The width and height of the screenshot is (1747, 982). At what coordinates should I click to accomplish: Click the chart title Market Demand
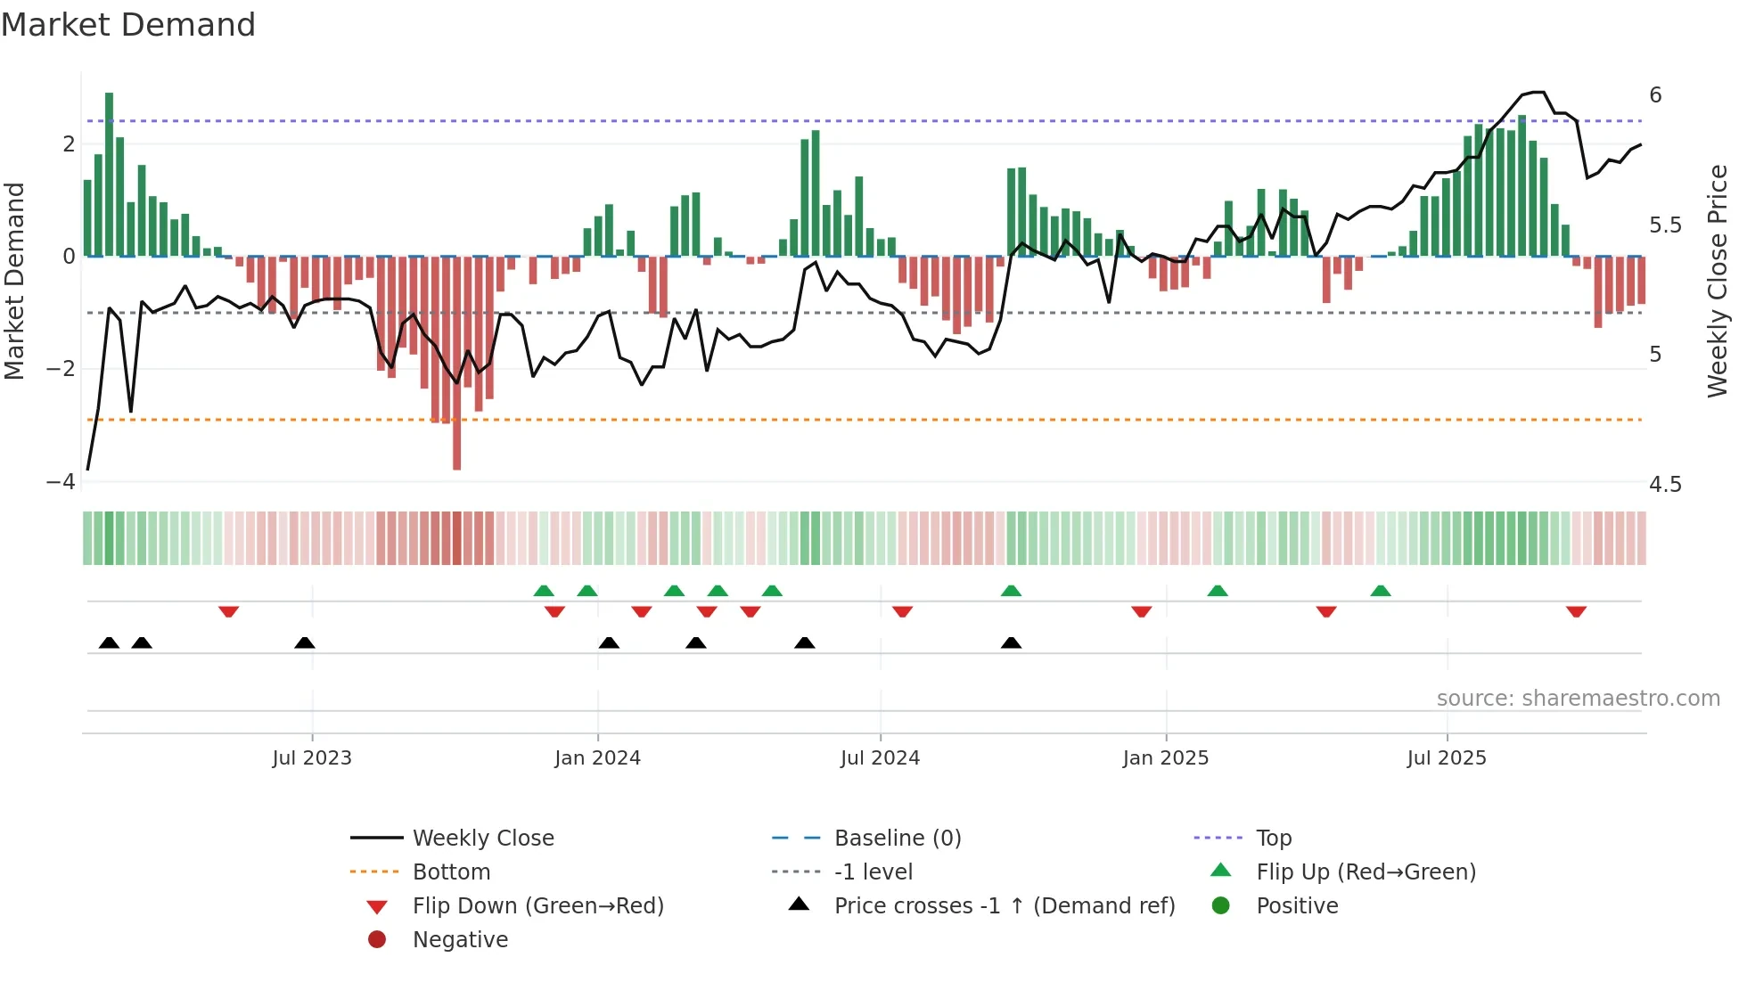128,25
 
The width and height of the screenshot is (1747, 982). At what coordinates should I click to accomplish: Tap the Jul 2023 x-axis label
312,758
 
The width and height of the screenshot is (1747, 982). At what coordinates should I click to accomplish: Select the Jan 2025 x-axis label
1165,758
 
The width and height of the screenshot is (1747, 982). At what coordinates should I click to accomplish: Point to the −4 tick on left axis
61,482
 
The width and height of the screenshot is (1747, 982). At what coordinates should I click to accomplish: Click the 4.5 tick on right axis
1665,485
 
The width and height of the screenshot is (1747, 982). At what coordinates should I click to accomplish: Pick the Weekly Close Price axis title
1717,281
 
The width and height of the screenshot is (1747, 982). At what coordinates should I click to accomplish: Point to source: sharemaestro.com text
1578,699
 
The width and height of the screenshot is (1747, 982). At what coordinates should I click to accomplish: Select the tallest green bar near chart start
109,174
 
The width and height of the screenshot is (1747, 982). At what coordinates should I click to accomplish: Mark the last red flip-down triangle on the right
1576,612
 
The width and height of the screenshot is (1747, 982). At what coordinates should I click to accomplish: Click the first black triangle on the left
109,642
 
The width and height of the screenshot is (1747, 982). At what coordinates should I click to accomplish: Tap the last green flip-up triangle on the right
1380,591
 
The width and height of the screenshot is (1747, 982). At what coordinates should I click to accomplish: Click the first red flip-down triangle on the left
228,612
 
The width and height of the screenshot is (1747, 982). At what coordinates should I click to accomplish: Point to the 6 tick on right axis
1655,95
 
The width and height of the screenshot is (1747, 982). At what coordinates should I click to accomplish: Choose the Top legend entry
1273,839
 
